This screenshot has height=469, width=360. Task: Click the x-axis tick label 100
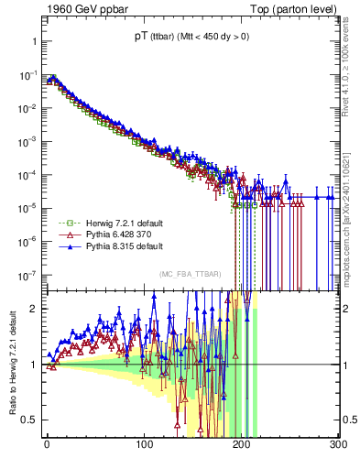[144, 445]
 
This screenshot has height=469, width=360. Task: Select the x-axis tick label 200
[241, 445]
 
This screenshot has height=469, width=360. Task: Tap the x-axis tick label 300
[336, 445]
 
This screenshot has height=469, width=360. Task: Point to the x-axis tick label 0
[47, 445]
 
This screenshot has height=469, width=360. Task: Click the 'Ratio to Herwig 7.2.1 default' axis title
[11, 364]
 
